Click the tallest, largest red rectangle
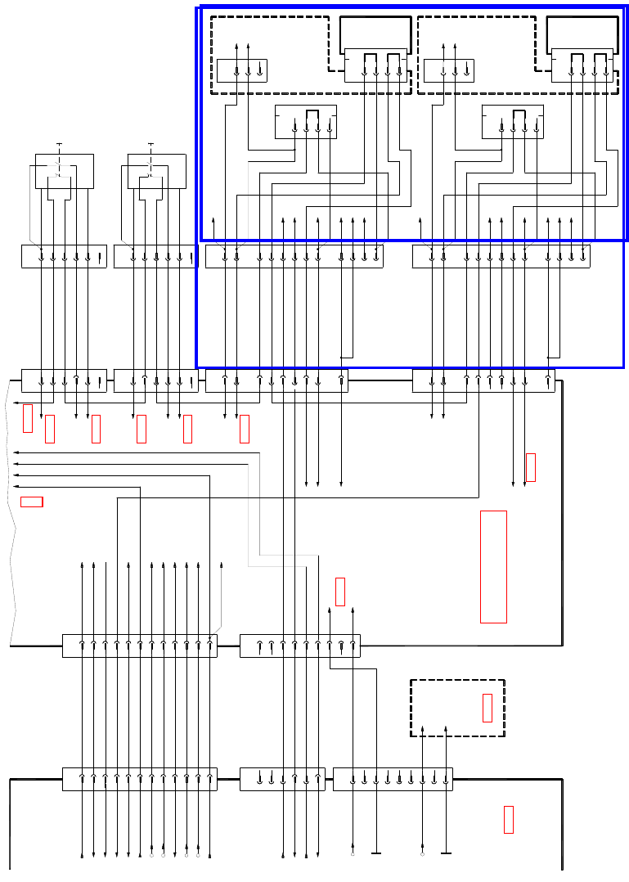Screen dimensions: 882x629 click(x=493, y=566)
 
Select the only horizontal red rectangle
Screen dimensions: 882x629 click(x=31, y=502)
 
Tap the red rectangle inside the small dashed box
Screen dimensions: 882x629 click(x=487, y=708)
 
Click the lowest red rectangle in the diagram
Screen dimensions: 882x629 click(x=509, y=820)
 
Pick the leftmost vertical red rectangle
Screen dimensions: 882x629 click(x=28, y=418)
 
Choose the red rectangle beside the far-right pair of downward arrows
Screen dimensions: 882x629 click(x=531, y=467)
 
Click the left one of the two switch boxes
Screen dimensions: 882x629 click(x=64, y=171)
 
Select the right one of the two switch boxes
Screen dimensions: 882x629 click(x=156, y=171)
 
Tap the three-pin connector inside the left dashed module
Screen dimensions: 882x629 click(x=241, y=70)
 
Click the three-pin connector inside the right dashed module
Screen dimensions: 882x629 click(x=448, y=70)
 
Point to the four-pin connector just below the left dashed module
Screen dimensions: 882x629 click(x=306, y=122)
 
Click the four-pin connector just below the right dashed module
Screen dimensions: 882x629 click(x=513, y=122)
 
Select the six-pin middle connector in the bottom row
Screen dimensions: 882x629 click(x=282, y=780)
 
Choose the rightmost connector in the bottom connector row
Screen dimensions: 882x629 click(x=393, y=780)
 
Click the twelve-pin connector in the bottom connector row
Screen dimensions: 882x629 click(x=140, y=780)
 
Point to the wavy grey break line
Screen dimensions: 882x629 click(x=11, y=507)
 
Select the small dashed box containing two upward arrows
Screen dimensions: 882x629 click(x=457, y=708)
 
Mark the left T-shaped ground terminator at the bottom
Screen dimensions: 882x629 click(x=376, y=854)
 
